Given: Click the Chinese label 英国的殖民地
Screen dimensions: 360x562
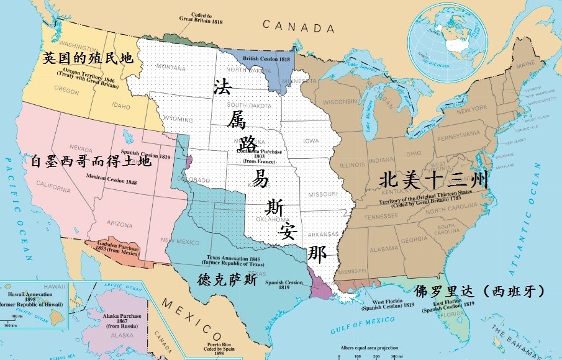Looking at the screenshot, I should (x=88, y=58).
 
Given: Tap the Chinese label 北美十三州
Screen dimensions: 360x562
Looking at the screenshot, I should (x=433, y=181).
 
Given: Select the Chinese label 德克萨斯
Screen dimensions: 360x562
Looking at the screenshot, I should (x=227, y=279).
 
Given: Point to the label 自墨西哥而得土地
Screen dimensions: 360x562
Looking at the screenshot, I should (x=91, y=161).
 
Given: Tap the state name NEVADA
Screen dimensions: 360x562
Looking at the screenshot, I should (x=81, y=148).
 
